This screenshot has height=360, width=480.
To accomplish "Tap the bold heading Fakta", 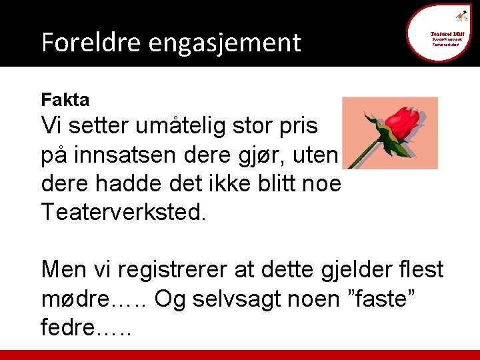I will point(65,100).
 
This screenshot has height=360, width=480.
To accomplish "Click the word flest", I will point(418,271).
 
